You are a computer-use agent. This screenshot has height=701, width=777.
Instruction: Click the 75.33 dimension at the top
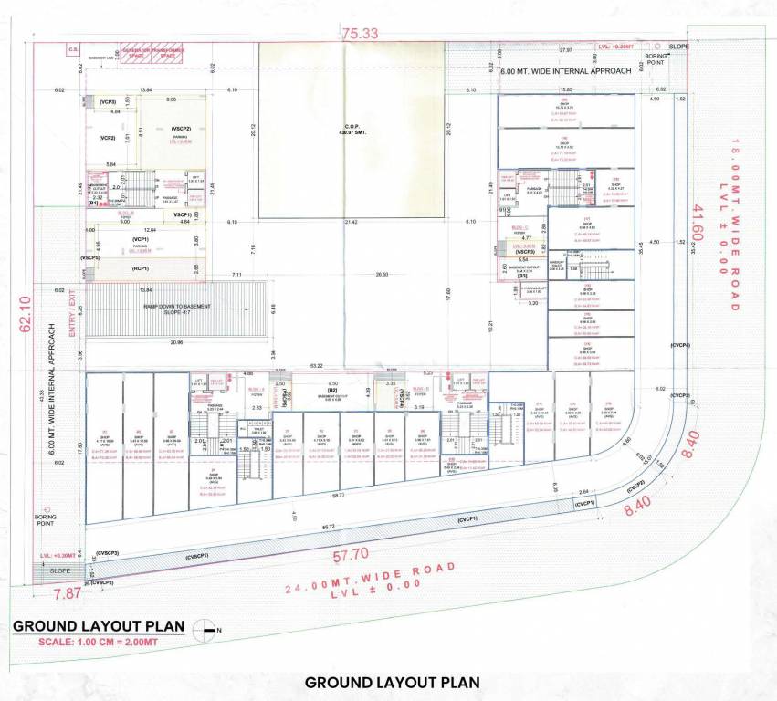[360, 34]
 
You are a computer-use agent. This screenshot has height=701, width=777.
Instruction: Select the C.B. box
[72, 49]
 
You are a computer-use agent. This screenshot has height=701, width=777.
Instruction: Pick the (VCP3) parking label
[108, 102]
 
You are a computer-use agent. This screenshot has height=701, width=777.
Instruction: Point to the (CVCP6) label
[678, 345]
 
